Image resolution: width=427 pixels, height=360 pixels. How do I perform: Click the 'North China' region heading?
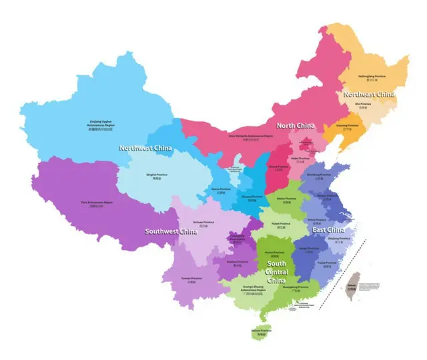click(296, 126)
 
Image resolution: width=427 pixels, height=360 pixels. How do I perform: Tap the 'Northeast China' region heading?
click(369, 95)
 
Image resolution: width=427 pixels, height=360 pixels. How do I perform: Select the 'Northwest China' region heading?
click(145, 147)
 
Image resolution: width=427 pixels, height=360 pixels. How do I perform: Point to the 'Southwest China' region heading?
click(171, 232)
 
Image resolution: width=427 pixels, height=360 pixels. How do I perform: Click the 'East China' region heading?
click(328, 230)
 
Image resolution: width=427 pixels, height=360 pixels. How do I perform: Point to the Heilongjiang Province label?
click(372, 77)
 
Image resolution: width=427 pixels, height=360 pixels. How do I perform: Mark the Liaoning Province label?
click(346, 126)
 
